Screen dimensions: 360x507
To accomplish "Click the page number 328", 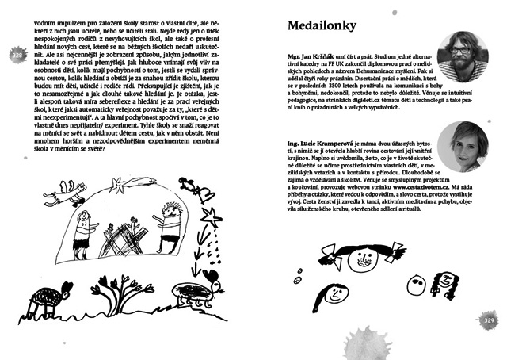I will click(18, 56).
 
